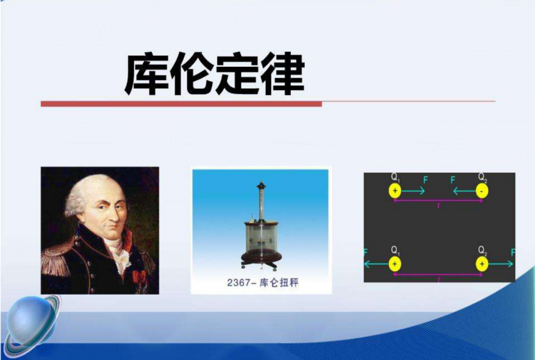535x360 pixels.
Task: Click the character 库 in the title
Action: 147,74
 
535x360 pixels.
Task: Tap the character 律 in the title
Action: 282,74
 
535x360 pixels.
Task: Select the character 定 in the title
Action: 237,74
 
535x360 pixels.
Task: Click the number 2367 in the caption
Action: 238,283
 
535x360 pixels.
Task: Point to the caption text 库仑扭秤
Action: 279,283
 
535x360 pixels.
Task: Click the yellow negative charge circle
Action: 481,191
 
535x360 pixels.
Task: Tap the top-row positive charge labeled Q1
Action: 395,191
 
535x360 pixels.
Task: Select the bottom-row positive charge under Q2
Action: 481,264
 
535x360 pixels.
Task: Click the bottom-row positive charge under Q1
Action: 395,264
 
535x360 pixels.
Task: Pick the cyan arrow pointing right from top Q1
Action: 413,191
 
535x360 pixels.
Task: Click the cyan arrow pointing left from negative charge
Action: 464,191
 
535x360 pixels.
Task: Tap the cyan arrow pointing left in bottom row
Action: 376,264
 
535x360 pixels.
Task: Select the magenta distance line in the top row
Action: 438,201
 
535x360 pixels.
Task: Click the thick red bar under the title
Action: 181,104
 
